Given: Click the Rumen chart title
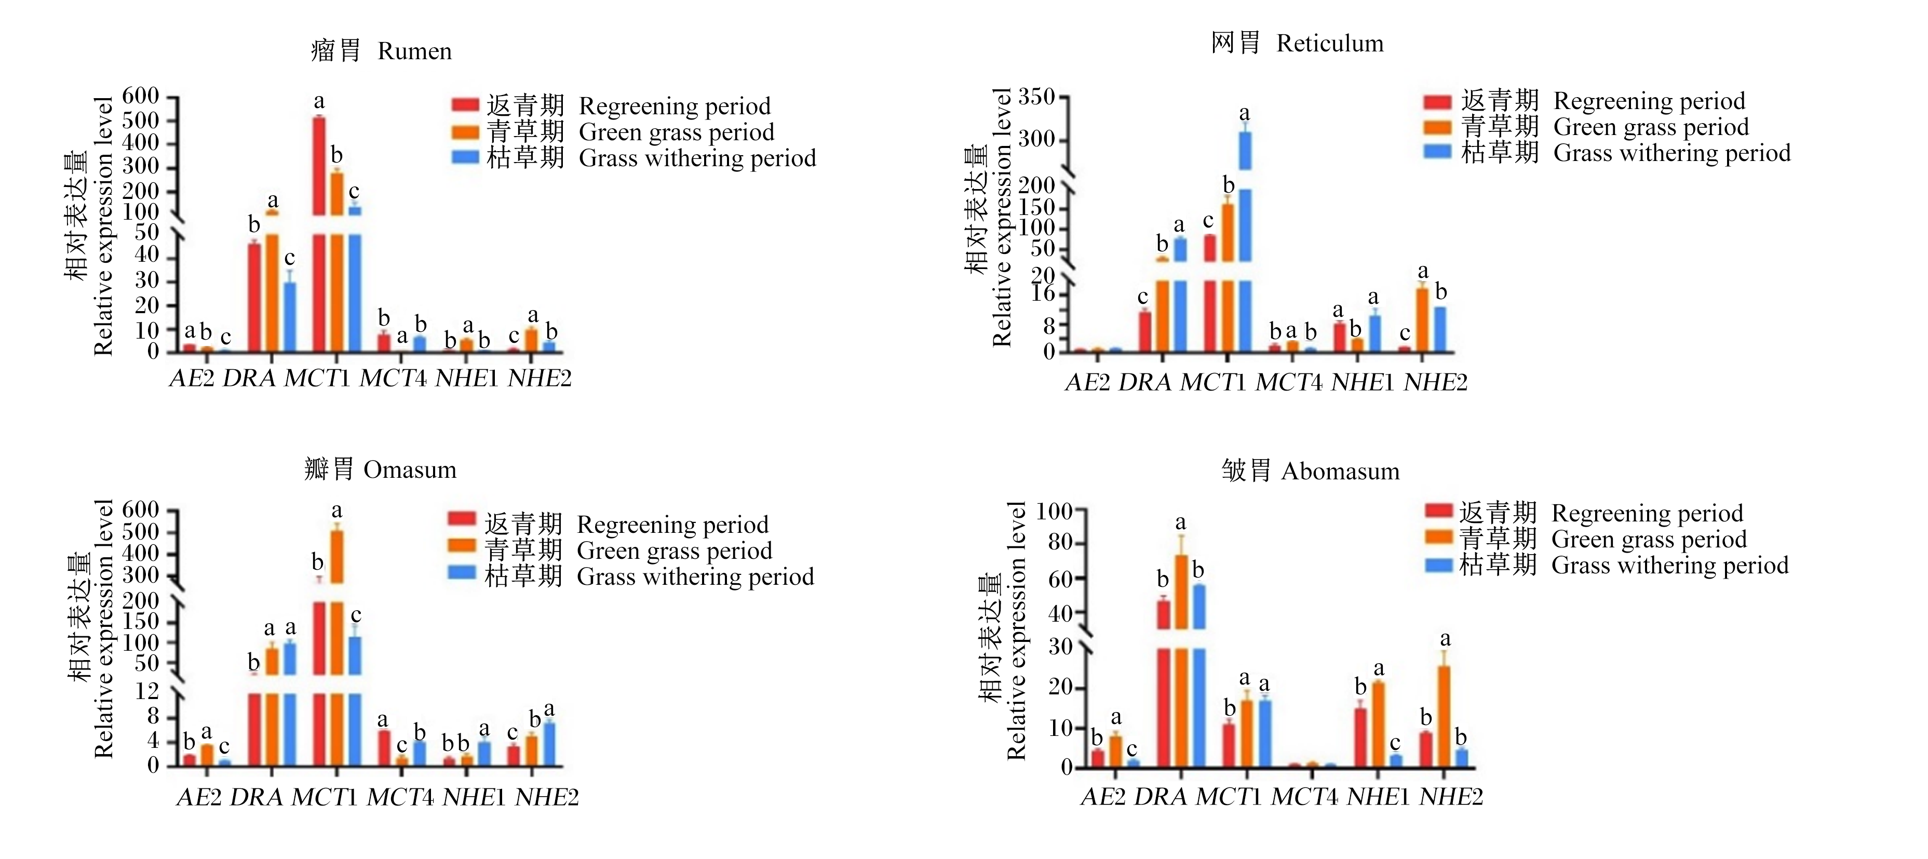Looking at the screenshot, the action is coord(381,51).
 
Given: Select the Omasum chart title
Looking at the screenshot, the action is coord(380,469).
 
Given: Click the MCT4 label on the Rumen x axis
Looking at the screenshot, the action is coord(393,379).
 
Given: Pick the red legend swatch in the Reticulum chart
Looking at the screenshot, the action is coord(1437,102).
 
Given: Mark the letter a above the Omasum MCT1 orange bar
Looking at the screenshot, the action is coord(337,511).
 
